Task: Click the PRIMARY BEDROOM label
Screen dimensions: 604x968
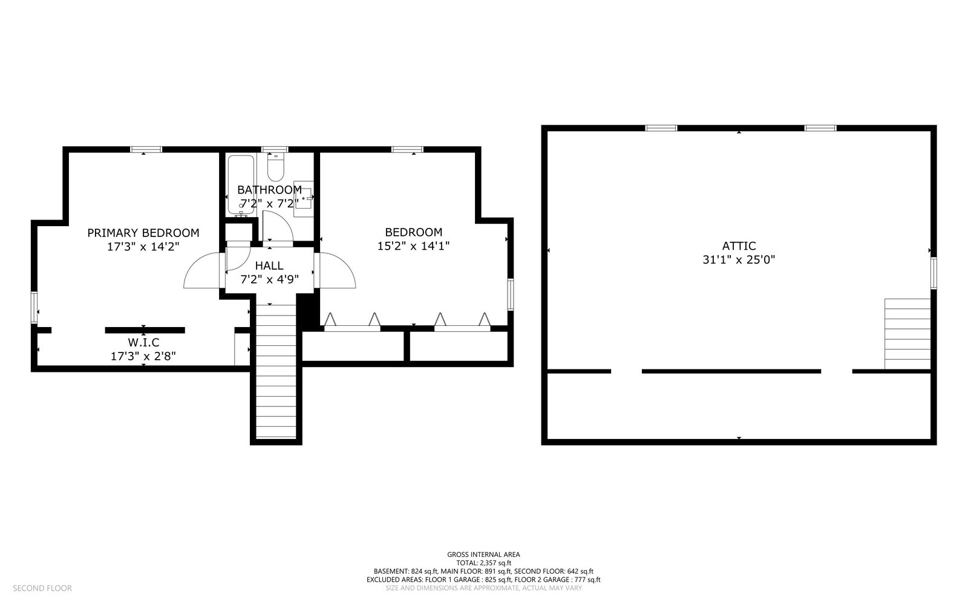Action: pos(143,233)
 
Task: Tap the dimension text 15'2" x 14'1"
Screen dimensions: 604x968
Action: pos(413,246)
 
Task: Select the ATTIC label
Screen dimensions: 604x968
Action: pos(739,246)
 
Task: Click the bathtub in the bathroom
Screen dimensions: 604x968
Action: pos(241,184)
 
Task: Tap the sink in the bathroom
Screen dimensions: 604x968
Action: pos(303,195)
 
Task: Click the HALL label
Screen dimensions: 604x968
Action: pos(269,265)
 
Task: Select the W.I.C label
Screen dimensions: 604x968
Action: pos(143,343)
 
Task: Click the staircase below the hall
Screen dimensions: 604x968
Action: pos(276,372)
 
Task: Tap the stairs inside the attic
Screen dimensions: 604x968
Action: pos(907,334)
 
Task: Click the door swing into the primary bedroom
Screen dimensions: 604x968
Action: pos(201,271)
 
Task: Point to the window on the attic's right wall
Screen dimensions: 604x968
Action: pos(933,273)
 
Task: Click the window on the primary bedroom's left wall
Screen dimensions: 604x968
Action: pos(34,308)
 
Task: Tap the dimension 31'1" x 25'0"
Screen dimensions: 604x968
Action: pos(739,260)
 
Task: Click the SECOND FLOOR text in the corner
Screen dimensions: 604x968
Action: pos(42,588)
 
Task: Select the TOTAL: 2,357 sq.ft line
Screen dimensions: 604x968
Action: pos(483,562)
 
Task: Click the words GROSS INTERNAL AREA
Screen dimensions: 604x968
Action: pos(483,554)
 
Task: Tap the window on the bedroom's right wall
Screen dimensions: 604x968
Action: pos(510,294)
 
